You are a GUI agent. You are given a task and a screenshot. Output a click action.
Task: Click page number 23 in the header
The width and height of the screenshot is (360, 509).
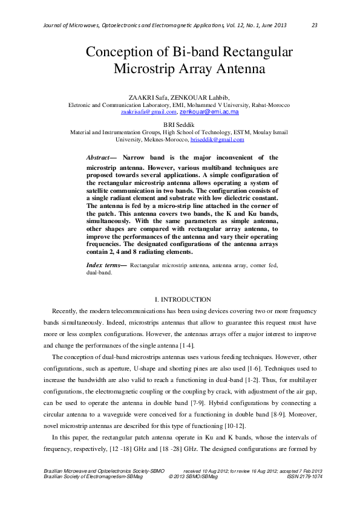(315, 25)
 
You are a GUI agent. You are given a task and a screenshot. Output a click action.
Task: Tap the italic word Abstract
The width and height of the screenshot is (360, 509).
(99, 157)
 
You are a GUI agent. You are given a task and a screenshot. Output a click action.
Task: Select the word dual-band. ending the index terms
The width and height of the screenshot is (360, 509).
(99, 273)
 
